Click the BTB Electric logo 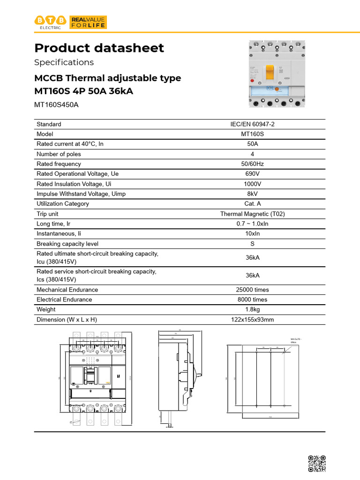click(x=50, y=22)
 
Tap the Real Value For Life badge click(x=88, y=22)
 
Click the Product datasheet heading click(x=99, y=48)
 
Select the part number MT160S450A click(x=57, y=105)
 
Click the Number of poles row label click(x=59, y=154)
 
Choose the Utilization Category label click(x=63, y=204)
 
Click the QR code click(x=316, y=464)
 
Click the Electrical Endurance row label click(x=64, y=300)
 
